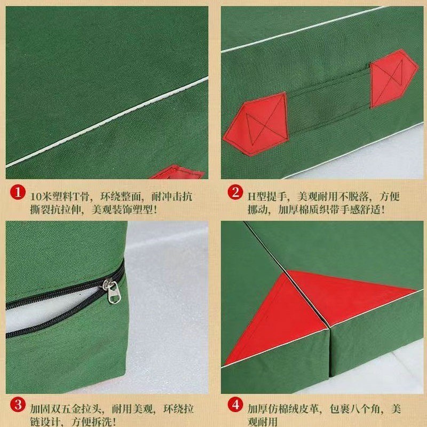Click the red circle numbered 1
(x=18, y=192)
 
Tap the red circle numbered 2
(x=235, y=192)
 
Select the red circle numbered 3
(x=18, y=405)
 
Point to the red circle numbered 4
(x=235, y=405)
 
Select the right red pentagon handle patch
(x=393, y=78)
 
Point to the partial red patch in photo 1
(x=177, y=172)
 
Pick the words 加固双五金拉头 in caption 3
(x=66, y=409)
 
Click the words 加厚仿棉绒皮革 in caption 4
(x=283, y=409)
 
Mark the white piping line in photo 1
(x=107, y=122)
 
